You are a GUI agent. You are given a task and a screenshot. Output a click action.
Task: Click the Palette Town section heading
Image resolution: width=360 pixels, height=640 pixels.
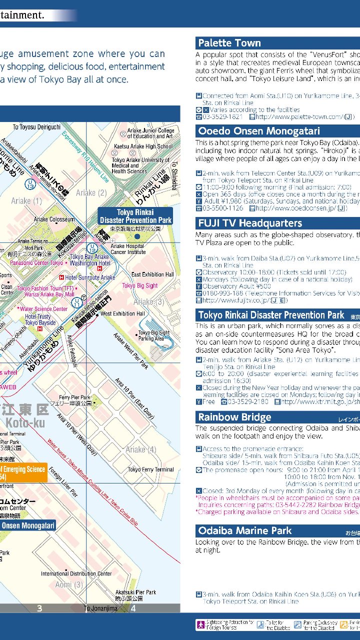(x=229, y=43)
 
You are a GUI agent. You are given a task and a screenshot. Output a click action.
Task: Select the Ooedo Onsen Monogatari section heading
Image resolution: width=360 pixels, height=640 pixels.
(x=259, y=131)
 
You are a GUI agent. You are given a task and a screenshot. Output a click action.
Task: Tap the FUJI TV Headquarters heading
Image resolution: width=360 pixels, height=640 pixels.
(x=250, y=223)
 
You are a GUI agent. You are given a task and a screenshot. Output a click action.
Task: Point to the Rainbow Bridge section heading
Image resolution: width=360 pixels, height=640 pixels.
(x=234, y=417)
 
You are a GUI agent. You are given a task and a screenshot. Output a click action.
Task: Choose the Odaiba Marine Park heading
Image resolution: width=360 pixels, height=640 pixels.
(x=245, y=530)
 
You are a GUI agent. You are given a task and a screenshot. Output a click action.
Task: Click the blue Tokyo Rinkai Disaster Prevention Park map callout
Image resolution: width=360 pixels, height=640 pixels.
(x=135, y=216)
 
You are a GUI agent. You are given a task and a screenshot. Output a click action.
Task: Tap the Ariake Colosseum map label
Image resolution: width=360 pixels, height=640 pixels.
(x=54, y=219)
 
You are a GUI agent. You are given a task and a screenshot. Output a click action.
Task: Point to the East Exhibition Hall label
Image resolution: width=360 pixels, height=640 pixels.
(x=152, y=274)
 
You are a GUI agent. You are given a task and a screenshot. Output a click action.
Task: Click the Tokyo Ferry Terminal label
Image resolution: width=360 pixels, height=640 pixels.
(x=150, y=469)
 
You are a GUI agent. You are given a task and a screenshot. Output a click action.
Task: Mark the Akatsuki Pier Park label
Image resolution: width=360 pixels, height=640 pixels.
(x=135, y=592)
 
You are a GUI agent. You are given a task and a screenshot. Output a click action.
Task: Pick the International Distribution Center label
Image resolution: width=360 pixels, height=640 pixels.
(x=76, y=573)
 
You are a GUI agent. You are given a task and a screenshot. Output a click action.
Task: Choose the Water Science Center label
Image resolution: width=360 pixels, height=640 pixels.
(x=43, y=309)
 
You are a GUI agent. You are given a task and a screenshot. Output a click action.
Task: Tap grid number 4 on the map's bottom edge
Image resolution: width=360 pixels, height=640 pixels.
(x=133, y=608)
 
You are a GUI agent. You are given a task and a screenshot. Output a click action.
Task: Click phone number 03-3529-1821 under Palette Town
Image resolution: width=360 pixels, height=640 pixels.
(x=222, y=117)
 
